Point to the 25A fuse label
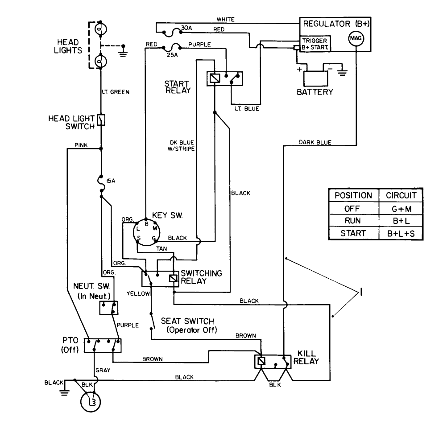point(171,55)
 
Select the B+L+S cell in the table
point(400,233)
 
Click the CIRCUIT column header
point(400,195)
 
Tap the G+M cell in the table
point(400,208)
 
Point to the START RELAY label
point(177,87)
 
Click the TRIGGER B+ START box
point(315,44)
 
